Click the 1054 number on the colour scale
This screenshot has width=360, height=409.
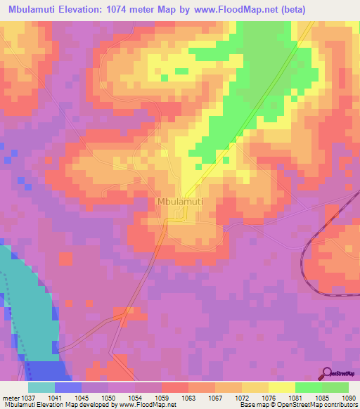134,398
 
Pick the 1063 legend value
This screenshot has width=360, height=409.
188,398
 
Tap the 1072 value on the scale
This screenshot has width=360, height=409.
241,398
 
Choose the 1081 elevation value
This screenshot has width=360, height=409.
295,398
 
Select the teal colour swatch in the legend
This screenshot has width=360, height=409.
41,387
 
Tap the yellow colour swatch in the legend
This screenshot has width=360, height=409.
281,387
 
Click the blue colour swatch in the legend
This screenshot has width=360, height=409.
68,387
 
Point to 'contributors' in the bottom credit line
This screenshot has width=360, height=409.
340,405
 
